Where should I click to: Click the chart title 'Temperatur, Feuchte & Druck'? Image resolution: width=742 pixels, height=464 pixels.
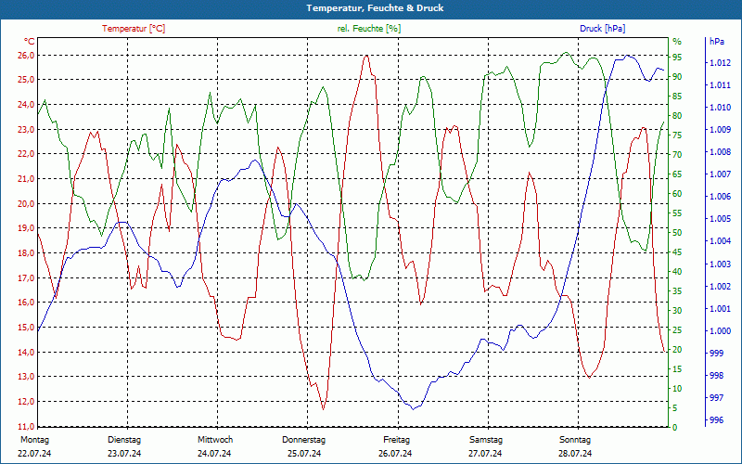click(371, 8)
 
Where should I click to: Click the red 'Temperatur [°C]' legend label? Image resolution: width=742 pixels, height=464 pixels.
click(134, 29)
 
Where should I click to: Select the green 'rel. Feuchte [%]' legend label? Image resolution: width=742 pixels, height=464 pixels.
click(369, 29)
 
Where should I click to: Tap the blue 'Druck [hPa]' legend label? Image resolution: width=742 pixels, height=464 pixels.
click(603, 29)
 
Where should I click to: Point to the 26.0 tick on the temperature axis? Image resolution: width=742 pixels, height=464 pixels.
click(25, 55)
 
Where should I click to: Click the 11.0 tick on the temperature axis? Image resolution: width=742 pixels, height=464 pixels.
click(25, 426)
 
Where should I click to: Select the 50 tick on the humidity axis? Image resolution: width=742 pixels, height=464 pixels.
click(677, 232)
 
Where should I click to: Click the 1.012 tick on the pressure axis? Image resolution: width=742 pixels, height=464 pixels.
click(721, 63)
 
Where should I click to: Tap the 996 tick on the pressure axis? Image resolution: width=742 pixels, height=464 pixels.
click(716, 420)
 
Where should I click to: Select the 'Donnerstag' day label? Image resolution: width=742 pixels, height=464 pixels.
click(304, 440)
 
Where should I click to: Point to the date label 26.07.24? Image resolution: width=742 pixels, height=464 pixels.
click(395, 454)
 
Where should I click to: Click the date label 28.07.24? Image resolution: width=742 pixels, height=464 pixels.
click(575, 454)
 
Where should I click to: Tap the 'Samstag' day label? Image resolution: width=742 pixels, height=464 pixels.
click(485, 440)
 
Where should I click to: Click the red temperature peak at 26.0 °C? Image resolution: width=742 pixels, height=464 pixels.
click(367, 55)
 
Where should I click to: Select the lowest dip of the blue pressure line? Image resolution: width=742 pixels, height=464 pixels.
click(414, 408)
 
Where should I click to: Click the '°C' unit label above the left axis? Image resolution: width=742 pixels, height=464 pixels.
click(30, 42)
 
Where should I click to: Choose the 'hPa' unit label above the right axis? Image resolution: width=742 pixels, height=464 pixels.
click(716, 42)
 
